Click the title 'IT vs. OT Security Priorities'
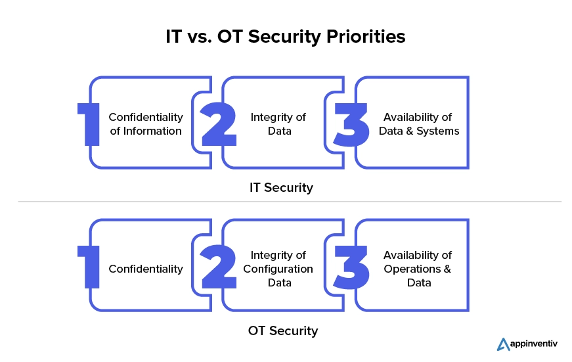(286, 37)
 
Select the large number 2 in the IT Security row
(218, 123)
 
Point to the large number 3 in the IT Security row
(351, 123)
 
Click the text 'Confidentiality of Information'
(146, 124)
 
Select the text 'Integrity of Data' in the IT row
(278, 124)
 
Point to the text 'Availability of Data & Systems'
(418, 124)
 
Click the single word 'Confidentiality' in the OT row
(146, 269)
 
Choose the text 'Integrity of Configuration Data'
(278, 269)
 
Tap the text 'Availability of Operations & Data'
(418, 269)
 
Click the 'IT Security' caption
(281, 187)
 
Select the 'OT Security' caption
(283, 330)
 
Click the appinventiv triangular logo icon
(504, 344)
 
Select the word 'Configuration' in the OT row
(278, 269)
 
